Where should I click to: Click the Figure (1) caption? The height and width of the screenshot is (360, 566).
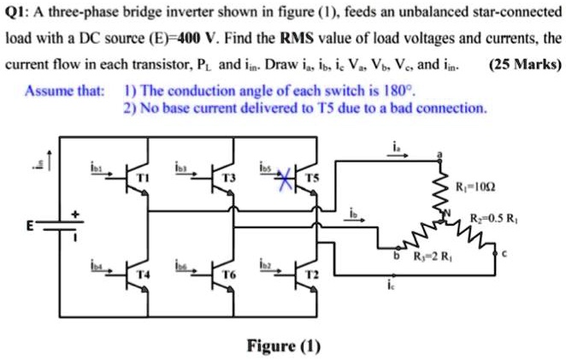tap(283, 345)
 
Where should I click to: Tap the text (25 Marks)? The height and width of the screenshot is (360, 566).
tap(523, 65)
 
